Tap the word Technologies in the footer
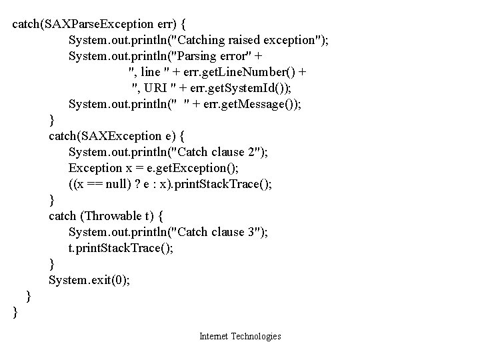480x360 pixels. tap(256, 337)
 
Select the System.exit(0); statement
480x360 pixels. tap(89, 280)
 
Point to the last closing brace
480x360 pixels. tap(15, 312)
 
